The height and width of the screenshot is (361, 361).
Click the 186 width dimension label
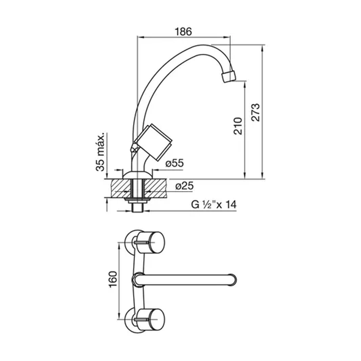[x=183, y=32]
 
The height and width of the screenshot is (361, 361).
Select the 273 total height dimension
[x=255, y=112]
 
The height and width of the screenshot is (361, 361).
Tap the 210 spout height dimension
[x=238, y=126]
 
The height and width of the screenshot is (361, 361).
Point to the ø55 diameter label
[x=174, y=163]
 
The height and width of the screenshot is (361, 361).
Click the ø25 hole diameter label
[x=185, y=186]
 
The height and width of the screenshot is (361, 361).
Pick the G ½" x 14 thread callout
[x=214, y=205]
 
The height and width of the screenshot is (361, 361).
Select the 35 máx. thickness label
[x=100, y=152]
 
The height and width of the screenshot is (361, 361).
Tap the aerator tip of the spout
[x=229, y=76]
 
